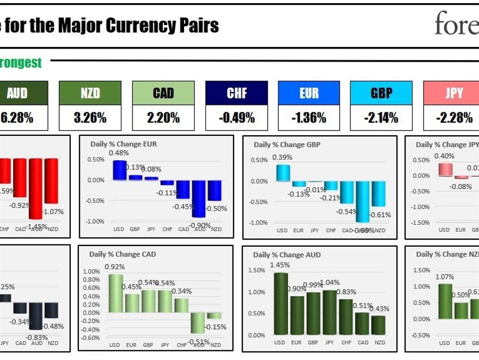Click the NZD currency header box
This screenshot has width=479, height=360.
[90, 93]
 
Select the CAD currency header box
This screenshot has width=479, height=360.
[163, 93]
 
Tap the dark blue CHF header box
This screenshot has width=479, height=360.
[237, 93]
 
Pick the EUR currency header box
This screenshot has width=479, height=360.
[309, 93]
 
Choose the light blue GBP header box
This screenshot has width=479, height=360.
[382, 93]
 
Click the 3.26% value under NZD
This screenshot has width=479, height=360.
[90, 118]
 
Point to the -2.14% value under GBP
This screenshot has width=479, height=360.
[382, 118]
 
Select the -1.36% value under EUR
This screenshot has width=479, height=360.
[309, 118]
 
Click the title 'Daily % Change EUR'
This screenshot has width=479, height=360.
[123, 144]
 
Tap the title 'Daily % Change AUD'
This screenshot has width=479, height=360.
[287, 255]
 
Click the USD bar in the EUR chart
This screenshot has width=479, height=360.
[120, 170]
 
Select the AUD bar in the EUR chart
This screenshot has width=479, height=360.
[200, 199]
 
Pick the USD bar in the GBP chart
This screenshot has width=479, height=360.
[283, 173]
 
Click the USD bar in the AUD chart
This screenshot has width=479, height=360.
[280, 304]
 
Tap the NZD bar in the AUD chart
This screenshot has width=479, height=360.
[378, 325]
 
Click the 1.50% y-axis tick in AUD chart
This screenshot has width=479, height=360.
[257, 271]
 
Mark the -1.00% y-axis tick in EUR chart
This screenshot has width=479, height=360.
[96, 222]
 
